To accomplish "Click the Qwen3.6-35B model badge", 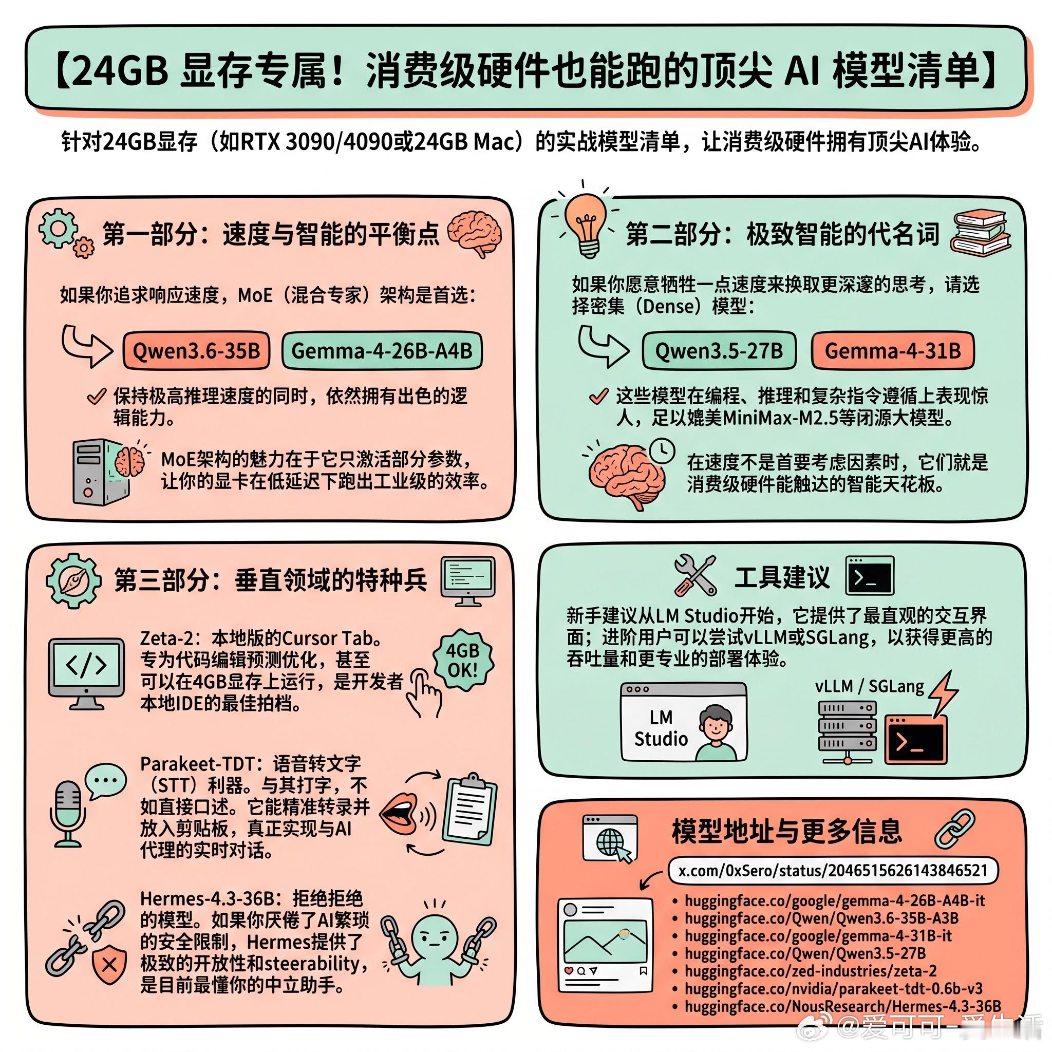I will (x=196, y=351).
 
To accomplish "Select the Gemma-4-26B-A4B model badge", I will (x=382, y=351).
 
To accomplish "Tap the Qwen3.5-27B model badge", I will (x=719, y=351).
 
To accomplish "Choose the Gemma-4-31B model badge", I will (x=892, y=351).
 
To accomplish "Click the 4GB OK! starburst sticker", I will (x=462, y=660).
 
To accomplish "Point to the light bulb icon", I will (x=586, y=223).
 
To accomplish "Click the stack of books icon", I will (x=980, y=233).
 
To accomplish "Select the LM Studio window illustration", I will (x=683, y=722).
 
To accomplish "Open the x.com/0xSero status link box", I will (x=833, y=871).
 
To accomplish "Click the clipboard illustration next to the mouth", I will (x=469, y=808).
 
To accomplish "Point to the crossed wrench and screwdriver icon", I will (x=694, y=575).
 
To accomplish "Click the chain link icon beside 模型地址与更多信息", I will (x=954, y=829).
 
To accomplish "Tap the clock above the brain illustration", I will (x=662, y=451).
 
